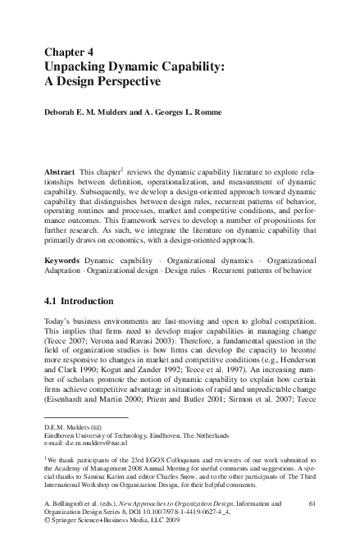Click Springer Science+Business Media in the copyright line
[108, 532]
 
